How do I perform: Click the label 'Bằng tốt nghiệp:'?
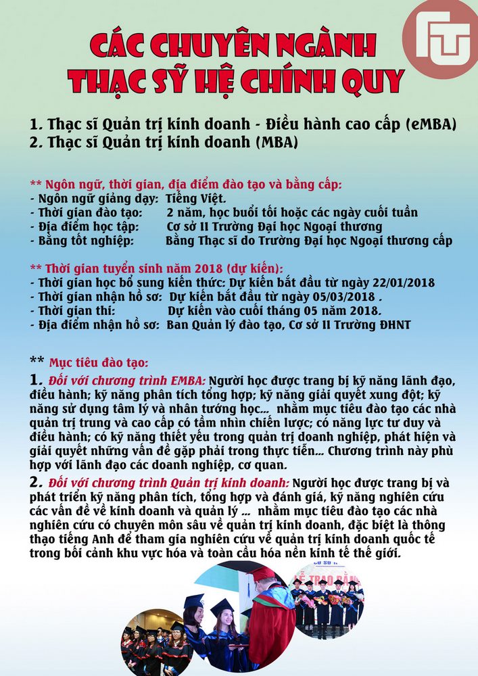pos(86,241)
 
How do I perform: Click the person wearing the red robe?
pos(270,622)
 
